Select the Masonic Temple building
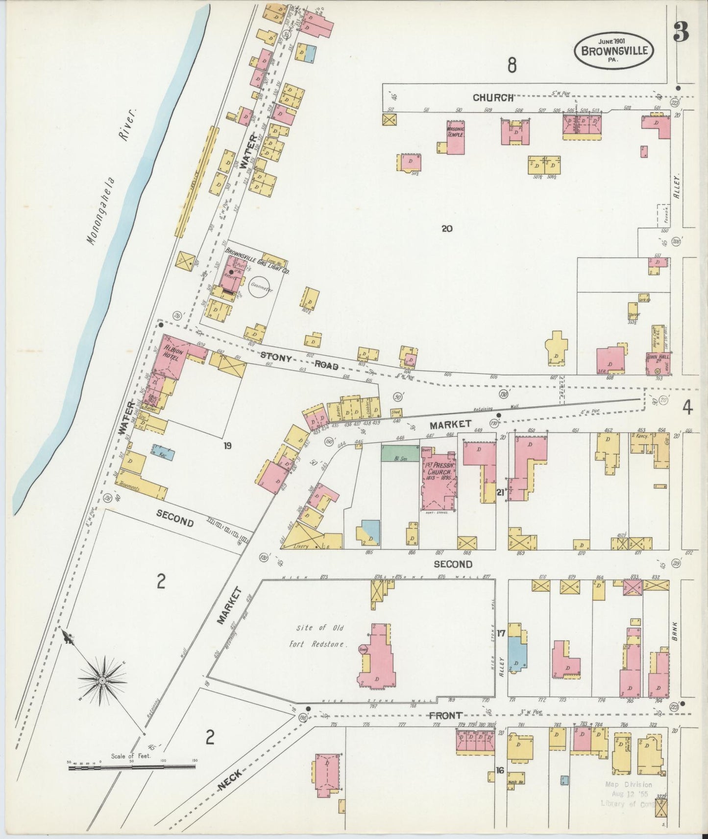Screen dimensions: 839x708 (455, 137)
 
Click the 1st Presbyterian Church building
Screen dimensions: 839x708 (439, 482)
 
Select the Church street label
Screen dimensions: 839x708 (493, 97)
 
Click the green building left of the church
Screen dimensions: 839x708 (400, 453)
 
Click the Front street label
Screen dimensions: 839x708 (445, 716)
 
